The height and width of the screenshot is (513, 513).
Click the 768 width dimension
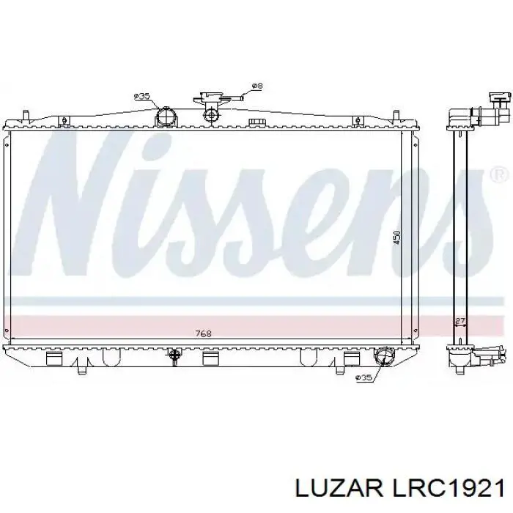pyautogui.click(x=204, y=334)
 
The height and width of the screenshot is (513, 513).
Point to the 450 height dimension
pyautogui.click(x=396, y=238)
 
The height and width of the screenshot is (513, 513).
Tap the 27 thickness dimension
pyautogui.click(x=460, y=320)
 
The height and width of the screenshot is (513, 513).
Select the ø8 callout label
pyautogui.click(x=256, y=86)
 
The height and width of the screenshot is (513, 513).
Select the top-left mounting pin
pyautogui.click(x=26, y=116)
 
